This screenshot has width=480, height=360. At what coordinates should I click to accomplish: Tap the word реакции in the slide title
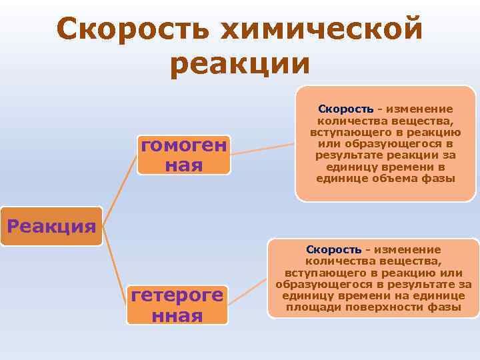pyautogui.click(x=239, y=65)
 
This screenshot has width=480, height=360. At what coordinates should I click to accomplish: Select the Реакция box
pyautogui.click(x=51, y=226)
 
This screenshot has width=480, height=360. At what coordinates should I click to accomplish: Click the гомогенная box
pyautogui.click(x=183, y=154)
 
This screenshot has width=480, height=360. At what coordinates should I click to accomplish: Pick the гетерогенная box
pyautogui.click(x=177, y=305)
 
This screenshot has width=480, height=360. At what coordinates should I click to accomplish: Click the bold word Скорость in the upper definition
pyautogui.click(x=346, y=109)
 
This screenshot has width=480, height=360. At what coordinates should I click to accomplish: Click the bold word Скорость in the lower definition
pyautogui.click(x=334, y=249)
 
